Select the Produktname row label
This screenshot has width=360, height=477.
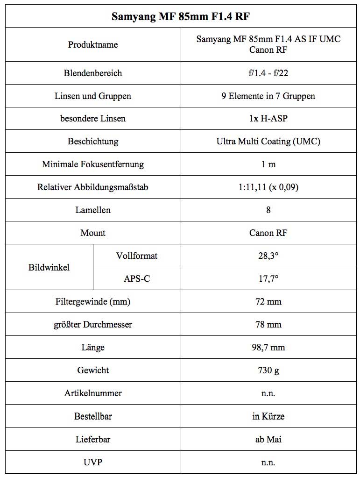(x=93, y=45)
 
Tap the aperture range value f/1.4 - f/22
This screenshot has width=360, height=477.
(x=268, y=73)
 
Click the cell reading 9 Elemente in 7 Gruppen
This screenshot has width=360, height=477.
(x=268, y=96)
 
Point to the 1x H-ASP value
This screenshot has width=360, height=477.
(x=268, y=119)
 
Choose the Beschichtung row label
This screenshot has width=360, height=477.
(x=93, y=142)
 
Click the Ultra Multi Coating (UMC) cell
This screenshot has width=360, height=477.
(x=268, y=142)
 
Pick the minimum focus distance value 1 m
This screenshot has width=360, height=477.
(x=268, y=164)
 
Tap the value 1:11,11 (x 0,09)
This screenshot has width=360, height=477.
(x=268, y=187)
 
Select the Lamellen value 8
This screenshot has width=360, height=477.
(x=268, y=210)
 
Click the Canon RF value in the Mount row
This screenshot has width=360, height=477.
(x=268, y=233)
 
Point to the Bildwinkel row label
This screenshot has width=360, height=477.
(x=49, y=268)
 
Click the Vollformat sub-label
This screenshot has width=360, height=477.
(x=137, y=256)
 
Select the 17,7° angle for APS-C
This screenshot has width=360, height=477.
(x=268, y=279)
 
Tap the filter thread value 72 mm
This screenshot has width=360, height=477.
(x=268, y=302)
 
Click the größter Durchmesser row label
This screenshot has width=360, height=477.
(x=93, y=325)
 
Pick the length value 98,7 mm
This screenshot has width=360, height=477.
(x=268, y=348)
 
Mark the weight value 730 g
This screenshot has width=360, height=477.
(x=268, y=370)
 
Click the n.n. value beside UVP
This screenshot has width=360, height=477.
(x=268, y=463)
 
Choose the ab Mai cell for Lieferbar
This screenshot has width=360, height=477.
(x=268, y=440)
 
